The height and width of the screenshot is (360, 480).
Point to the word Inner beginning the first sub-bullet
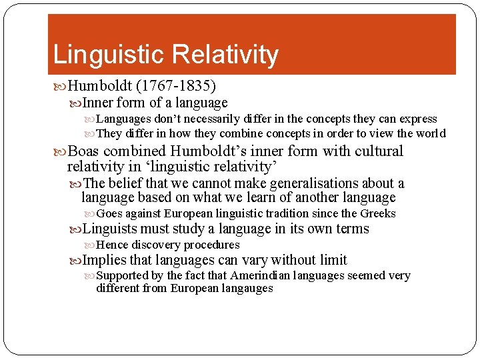pos(99,103)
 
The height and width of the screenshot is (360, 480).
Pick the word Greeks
pos(378,214)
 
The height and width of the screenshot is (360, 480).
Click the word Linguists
pos(110,229)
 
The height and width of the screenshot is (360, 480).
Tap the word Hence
pos(112,245)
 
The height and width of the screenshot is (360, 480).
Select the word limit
pos(331,260)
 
